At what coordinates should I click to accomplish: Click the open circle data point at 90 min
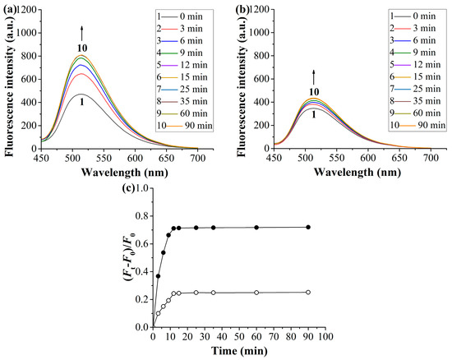[307, 292]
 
